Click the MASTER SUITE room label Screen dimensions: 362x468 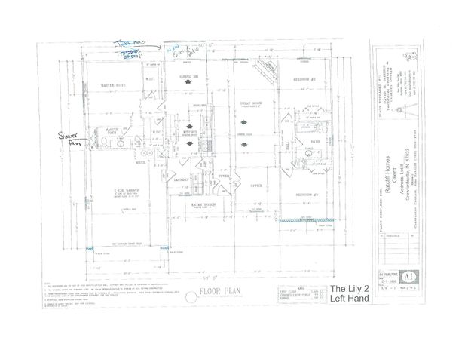[x=113, y=86]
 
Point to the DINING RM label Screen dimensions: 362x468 [x=188, y=77]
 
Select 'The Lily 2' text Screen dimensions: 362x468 [x=348, y=288]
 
